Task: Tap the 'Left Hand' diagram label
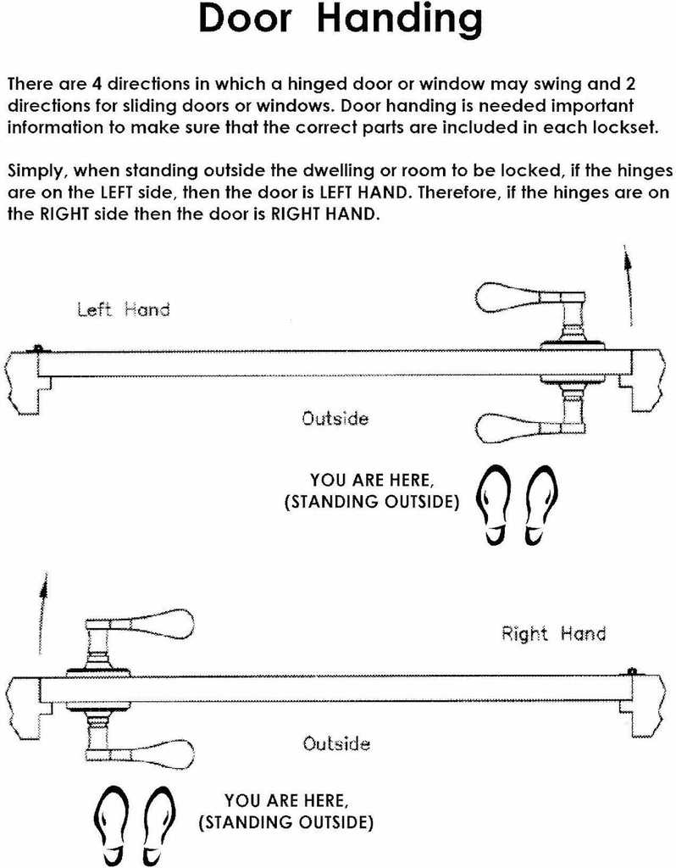123,309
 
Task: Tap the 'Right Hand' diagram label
553,633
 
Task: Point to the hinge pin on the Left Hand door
38,348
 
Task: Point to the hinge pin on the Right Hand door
632,672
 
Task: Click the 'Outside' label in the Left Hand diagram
335,418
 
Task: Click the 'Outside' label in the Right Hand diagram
336,743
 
